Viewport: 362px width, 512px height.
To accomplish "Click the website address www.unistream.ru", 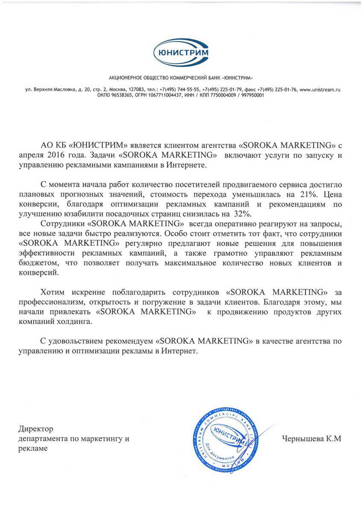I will point(320,90).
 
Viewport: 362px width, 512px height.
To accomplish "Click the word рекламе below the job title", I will point(33,448).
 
